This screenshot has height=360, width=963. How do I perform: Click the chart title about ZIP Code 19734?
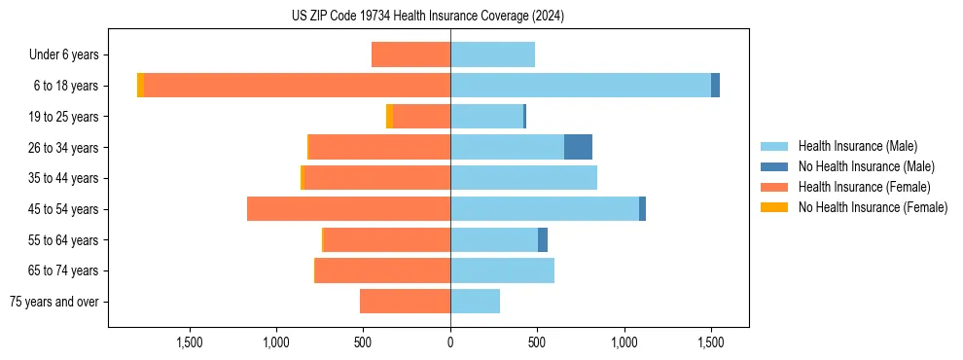coord(428,17)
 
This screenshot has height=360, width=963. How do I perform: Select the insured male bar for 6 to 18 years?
coord(581,86)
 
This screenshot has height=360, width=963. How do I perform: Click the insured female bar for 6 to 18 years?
coord(297,86)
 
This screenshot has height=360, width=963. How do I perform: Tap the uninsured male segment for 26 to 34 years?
coord(578,147)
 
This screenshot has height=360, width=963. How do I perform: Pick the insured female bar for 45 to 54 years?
coord(348,209)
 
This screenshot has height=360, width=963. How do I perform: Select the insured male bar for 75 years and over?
coord(475,302)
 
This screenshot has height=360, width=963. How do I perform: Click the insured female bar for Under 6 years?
coord(410,54)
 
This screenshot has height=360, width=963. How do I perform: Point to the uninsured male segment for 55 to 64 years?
coord(543,240)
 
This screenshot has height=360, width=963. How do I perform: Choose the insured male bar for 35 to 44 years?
coord(523,178)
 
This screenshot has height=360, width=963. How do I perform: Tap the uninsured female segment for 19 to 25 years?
coord(389,117)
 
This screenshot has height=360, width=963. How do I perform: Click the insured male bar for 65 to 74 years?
coord(502,270)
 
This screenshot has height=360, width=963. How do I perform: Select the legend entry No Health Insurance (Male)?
coord(866,166)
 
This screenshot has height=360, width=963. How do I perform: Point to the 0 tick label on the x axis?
coord(450,342)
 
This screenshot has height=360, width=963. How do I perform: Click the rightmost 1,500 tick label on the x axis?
coord(711,342)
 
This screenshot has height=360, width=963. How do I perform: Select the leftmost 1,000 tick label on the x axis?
coord(276,342)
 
